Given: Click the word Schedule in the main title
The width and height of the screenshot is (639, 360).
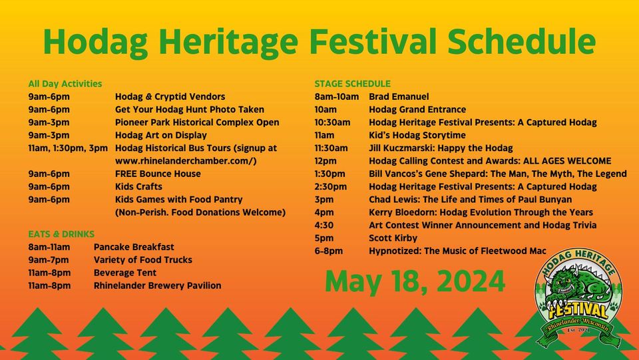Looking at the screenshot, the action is click(x=521, y=41).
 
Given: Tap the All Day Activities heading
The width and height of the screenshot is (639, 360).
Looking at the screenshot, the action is click(x=65, y=84).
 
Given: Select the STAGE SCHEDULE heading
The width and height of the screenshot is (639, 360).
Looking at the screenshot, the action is click(x=353, y=84).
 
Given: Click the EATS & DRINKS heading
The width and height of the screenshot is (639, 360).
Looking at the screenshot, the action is click(x=61, y=234).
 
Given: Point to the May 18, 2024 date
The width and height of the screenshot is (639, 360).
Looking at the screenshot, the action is click(x=415, y=281).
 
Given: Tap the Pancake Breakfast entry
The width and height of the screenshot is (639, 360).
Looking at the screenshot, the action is click(x=134, y=247).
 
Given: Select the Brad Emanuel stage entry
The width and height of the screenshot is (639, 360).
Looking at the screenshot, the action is click(x=399, y=97).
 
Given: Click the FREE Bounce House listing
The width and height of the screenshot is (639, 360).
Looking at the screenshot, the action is click(x=158, y=174).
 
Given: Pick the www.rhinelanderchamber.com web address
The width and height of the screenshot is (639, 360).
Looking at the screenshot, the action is click(x=186, y=161).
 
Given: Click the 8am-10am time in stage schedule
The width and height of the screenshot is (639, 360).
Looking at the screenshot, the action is click(x=337, y=97).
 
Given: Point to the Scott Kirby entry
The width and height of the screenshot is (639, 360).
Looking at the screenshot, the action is click(x=393, y=238).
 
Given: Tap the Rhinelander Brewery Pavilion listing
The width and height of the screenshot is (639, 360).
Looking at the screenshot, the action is click(x=157, y=285).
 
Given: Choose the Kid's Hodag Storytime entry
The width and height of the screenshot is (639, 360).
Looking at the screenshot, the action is click(x=417, y=135).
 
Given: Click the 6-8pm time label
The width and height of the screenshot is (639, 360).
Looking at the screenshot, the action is click(x=328, y=252).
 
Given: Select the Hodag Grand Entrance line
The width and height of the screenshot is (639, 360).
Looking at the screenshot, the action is click(x=417, y=110).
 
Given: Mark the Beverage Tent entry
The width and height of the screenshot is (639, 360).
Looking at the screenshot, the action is click(x=125, y=273).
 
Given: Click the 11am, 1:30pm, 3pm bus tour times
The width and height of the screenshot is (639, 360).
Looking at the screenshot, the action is click(x=68, y=148).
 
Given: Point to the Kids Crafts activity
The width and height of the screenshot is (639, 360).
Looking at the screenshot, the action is click(x=138, y=187).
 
